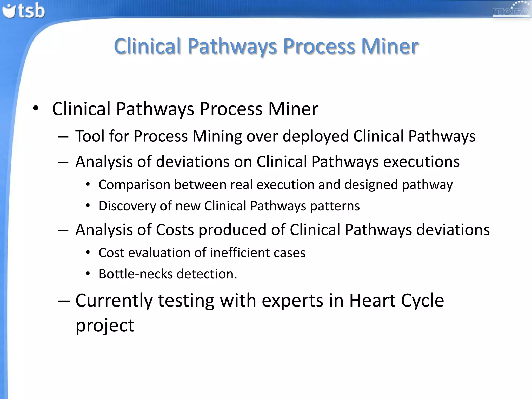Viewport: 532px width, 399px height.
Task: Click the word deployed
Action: pyautogui.click(x=315, y=136)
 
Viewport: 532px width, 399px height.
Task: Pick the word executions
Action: pyautogui.click(x=421, y=162)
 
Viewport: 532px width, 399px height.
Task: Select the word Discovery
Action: pyautogui.click(x=127, y=206)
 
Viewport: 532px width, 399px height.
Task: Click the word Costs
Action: pyautogui.click(x=175, y=230)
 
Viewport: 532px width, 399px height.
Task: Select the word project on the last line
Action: pyautogui.click(x=105, y=325)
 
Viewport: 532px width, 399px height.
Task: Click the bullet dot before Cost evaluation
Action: pyautogui.click(x=88, y=252)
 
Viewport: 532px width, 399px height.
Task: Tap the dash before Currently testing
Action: pyautogui.click(x=64, y=301)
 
